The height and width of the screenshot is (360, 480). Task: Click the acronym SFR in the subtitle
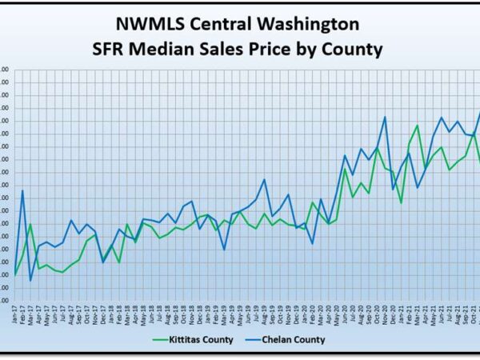click(114, 49)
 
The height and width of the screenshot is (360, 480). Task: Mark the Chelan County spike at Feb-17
click(22, 190)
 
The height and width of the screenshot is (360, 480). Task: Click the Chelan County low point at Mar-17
click(30, 280)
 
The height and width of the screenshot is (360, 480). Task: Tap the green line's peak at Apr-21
click(417, 126)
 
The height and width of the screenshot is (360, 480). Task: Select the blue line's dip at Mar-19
click(224, 250)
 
